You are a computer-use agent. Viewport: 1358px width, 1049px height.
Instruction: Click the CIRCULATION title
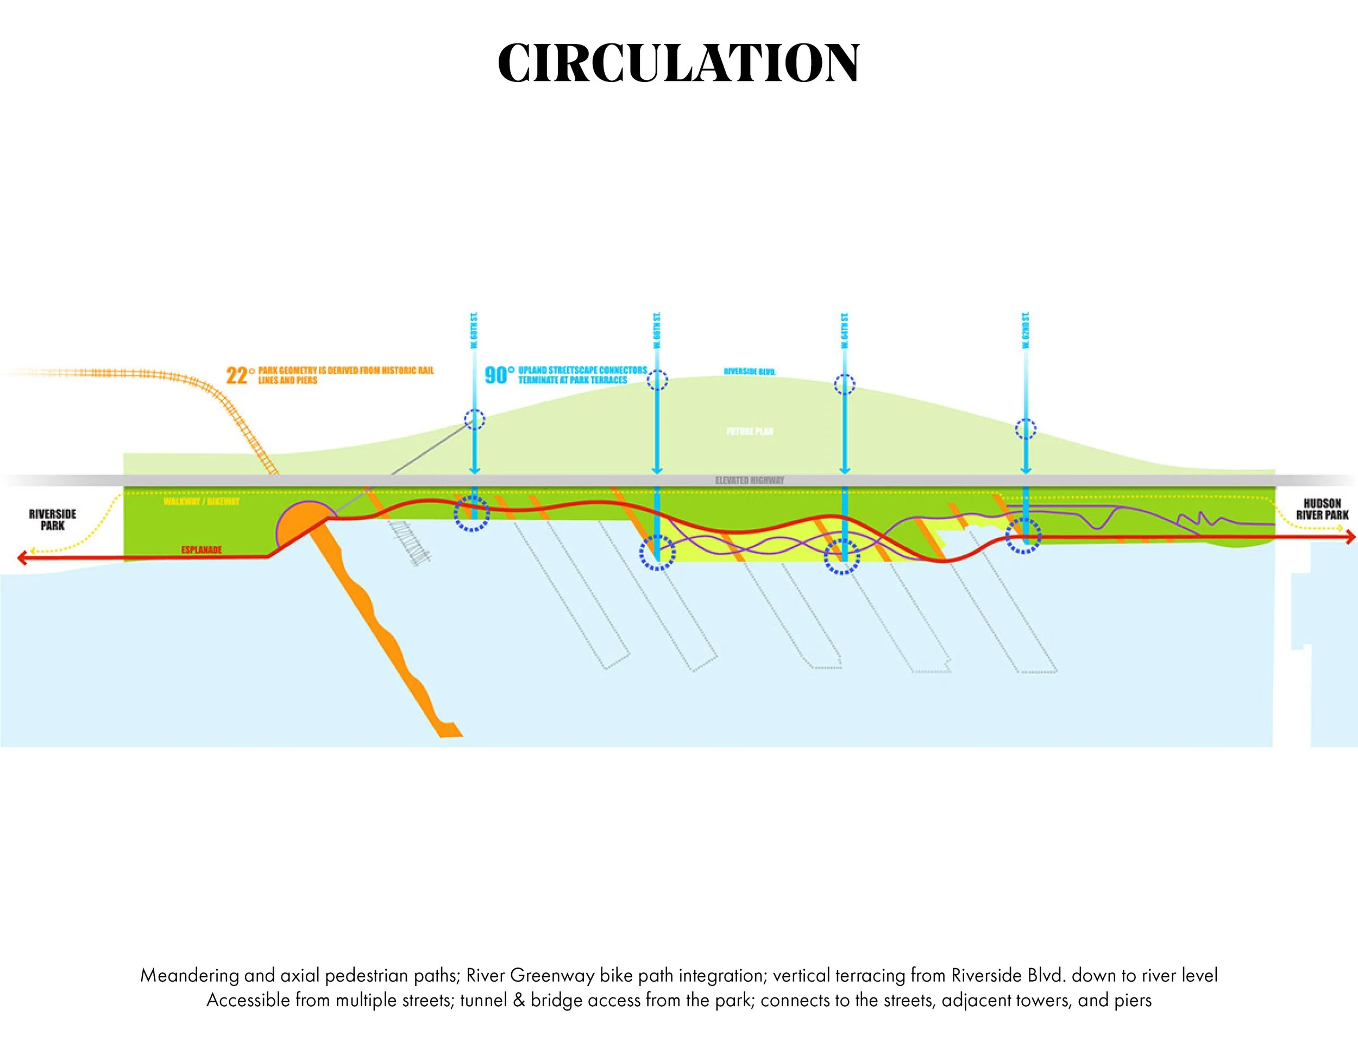click(678, 63)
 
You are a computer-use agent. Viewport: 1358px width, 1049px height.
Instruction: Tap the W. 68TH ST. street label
click(474, 331)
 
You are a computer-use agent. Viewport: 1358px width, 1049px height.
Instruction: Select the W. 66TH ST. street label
click(657, 331)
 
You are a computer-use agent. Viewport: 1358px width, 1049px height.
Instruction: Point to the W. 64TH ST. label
click(844, 331)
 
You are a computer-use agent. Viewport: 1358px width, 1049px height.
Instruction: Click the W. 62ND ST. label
click(1026, 330)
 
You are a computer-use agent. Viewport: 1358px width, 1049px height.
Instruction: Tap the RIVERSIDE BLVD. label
click(749, 371)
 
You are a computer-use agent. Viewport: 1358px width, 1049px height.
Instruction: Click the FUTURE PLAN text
click(750, 431)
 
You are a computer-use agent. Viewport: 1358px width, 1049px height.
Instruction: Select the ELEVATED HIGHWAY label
click(749, 480)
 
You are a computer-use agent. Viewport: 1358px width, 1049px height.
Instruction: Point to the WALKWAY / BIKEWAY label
click(202, 502)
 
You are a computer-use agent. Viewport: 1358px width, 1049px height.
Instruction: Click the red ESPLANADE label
click(202, 550)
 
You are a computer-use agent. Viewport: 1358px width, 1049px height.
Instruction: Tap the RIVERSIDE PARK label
click(53, 520)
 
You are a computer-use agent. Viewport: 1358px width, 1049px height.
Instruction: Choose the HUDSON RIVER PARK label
click(1322, 509)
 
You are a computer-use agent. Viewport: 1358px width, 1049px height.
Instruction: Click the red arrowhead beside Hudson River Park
click(1350, 537)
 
